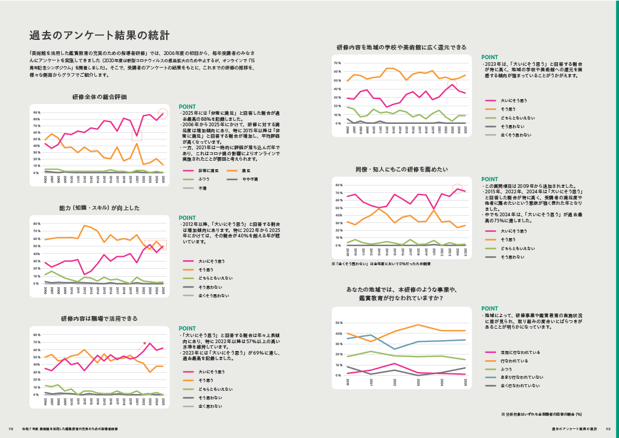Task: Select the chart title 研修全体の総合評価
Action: coord(99,97)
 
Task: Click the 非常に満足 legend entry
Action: coord(207,171)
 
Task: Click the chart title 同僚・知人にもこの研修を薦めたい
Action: coord(401,169)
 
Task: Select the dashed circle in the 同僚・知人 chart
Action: coord(458,189)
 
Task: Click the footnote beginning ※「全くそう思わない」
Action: coord(380,264)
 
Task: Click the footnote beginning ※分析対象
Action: coord(541,414)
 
